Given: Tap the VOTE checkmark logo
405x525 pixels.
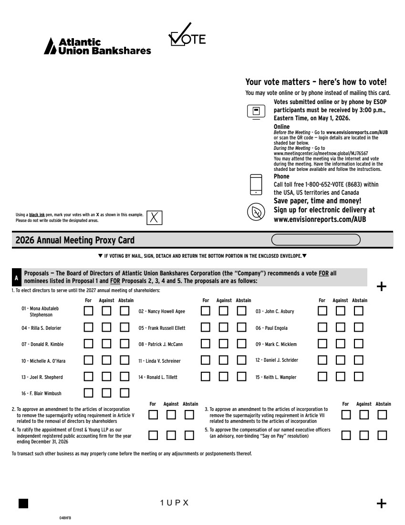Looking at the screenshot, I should click(187, 36).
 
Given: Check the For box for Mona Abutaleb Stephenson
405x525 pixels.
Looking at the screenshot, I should click(89, 311).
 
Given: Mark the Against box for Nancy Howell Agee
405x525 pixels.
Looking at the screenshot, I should click(224, 311).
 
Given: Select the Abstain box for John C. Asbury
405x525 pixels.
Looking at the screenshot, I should click(359, 311).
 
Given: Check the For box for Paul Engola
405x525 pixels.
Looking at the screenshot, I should click(323, 328).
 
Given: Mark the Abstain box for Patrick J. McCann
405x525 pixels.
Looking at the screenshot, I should click(242, 344).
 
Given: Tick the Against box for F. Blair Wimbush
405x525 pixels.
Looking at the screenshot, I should click(107, 393).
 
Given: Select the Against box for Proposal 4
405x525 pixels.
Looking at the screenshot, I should click(171, 435).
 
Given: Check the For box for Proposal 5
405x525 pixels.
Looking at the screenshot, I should click(346, 435).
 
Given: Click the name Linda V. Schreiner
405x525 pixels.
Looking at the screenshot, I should click(159, 361).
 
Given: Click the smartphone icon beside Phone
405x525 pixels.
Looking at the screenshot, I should click(256, 184).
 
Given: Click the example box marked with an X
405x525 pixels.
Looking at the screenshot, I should click(154, 217).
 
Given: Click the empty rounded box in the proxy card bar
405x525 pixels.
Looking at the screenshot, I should click(316, 239).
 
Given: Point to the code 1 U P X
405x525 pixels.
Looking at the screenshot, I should click(175, 503).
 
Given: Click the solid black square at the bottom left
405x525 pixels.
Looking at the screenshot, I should click(23, 503).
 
